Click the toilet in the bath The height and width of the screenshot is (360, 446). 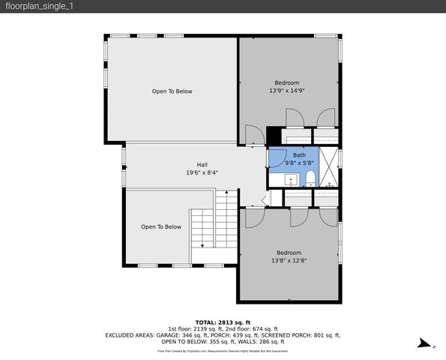[310, 178]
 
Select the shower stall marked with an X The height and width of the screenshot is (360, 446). [330, 166]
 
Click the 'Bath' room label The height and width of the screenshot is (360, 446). [299, 154]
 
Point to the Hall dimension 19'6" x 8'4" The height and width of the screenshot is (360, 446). [202, 172]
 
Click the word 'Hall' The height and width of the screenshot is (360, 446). [202, 164]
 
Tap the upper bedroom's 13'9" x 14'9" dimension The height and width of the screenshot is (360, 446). [286, 91]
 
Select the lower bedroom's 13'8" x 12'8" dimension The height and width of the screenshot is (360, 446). [288, 260]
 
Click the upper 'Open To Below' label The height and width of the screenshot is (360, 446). [172, 91]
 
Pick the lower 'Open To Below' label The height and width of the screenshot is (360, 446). [161, 226]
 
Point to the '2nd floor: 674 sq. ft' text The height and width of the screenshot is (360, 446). [250, 328]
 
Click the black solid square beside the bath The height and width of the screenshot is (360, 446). [274, 136]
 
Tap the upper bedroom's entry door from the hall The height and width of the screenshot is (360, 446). [256, 135]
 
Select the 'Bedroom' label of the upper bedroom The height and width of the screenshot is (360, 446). [286, 82]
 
